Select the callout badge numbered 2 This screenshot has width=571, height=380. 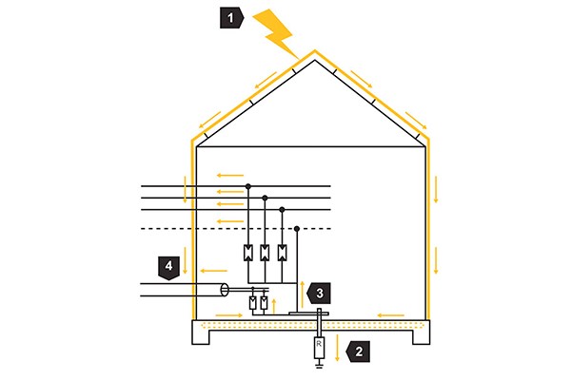[357, 349]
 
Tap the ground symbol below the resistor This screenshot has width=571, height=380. [320, 367]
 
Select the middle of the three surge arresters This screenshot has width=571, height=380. [266, 253]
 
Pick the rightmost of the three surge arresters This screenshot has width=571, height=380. [282, 253]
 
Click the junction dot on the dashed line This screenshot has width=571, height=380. [298, 228]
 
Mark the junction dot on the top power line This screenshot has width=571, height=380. [249, 186]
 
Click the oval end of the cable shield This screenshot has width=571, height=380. [225, 289]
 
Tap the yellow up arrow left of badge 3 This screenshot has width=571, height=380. [304, 289]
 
